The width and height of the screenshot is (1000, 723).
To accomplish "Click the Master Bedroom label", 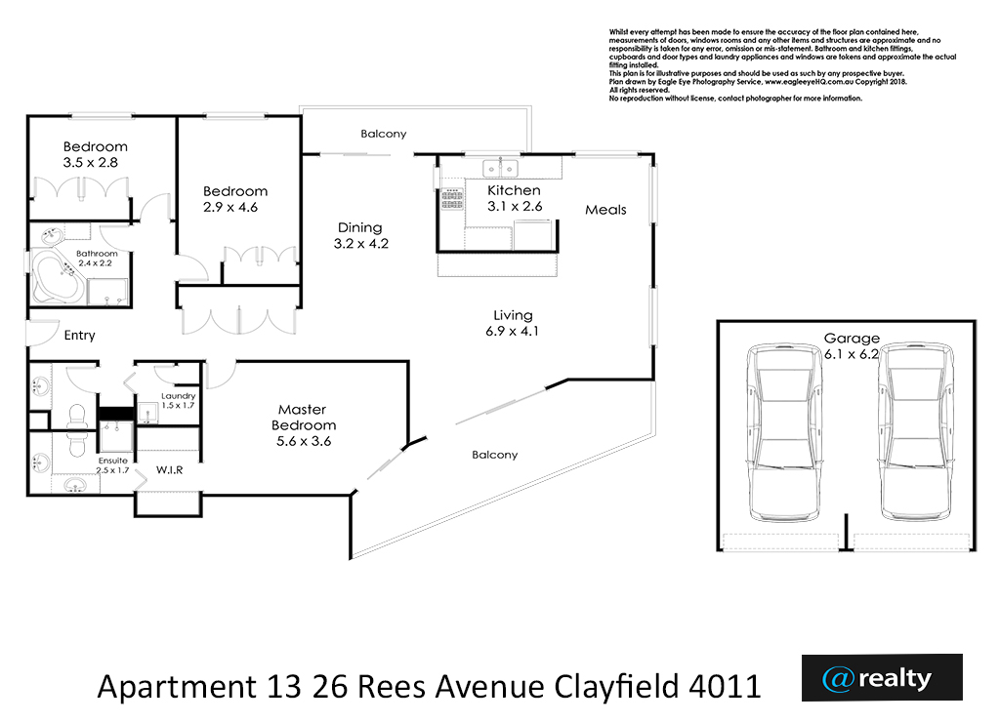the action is coord(304,424).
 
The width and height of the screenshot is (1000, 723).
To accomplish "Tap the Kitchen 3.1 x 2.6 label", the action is coord(515,198).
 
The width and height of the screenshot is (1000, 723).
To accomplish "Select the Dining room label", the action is coord(361,235).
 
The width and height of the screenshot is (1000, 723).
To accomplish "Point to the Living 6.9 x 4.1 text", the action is coord(512,323).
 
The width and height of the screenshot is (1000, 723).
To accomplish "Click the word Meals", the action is coord(605,210).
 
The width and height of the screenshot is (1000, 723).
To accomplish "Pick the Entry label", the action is coord(80,335).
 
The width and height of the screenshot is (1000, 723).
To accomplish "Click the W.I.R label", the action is coord(170,469).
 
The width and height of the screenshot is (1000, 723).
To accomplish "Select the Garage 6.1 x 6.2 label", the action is coord(852,346).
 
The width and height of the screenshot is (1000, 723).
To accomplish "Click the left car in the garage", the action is coord(784,431).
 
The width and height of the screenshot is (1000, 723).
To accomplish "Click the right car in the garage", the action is coord(916,431).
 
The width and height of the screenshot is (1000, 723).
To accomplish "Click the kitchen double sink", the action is coord(501,169).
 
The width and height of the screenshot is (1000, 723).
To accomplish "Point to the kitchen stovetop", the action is coord(452,198).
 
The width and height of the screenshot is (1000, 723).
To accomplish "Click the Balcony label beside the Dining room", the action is coord(383,134).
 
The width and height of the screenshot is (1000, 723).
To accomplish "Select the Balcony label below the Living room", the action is coord(495,455).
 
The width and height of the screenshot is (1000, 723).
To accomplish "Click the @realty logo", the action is coord(882,678).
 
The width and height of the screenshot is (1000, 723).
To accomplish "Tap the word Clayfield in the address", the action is coord(616,687).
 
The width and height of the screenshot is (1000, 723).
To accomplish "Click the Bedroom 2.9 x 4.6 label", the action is coord(234,199).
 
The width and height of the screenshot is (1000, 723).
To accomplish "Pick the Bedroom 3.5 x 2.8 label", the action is coord(95,154).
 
